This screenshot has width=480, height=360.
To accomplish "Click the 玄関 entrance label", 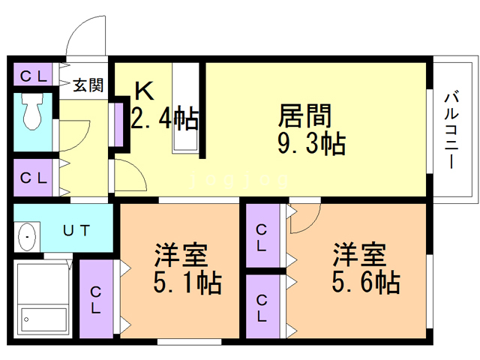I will (x=88, y=85).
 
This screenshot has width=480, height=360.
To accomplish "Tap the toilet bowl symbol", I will (x=33, y=114).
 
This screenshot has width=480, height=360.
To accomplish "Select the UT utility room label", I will (x=76, y=231).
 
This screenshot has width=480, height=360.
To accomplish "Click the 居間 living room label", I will (x=304, y=116).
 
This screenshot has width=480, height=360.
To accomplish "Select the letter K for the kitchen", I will (x=144, y=91).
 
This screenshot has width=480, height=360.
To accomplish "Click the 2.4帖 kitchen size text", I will (x=164, y=118).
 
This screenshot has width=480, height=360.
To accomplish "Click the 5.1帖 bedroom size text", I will (x=187, y=283).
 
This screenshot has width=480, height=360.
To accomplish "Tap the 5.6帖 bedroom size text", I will (x=365, y=282).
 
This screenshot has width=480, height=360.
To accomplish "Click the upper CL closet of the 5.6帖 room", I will (x=262, y=238).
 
